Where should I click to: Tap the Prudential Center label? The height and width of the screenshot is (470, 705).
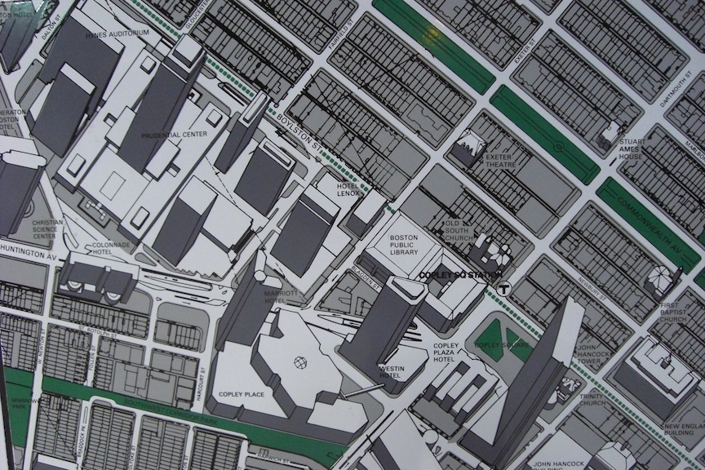click(174, 135)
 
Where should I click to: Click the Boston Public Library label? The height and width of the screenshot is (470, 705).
click(404, 243)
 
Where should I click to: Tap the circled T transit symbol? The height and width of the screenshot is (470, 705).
click(505, 287)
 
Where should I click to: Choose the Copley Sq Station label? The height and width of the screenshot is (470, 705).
click(457, 275)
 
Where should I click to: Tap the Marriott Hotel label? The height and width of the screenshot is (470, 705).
click(278, 295)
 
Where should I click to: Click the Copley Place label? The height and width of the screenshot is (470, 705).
click(242, 394)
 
